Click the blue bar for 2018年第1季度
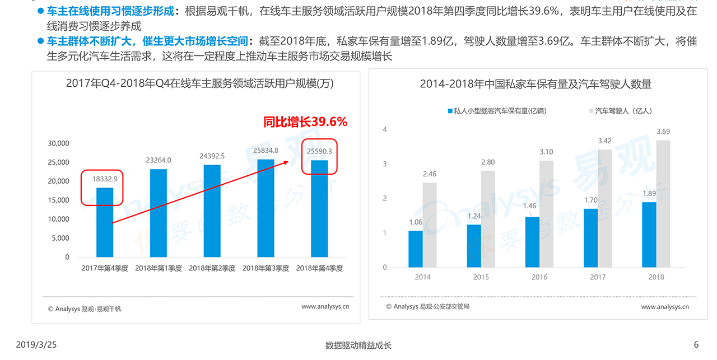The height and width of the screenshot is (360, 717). [x=159, y=213]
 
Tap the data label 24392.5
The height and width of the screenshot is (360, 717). [x=212, y=156]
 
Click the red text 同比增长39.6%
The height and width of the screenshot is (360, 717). [x=305, y=121]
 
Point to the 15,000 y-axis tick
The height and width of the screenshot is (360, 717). [x=59, y=200]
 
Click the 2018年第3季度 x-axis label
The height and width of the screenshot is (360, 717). [x=266, y=269]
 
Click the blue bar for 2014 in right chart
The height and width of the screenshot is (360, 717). [x=415, y=249]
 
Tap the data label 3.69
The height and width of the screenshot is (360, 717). [x=663, y=132]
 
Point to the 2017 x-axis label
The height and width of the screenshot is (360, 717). [x=598, y=277]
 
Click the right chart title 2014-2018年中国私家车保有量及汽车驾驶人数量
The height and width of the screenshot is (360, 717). [x=536, y=85]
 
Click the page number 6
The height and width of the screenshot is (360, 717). [x=696, y=345]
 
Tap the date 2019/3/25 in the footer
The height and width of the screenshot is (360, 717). [x=36, y=345]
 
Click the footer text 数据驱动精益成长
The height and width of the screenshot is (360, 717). [x=358, y=345]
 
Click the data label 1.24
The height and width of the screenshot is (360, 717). [x=474, y=216]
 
